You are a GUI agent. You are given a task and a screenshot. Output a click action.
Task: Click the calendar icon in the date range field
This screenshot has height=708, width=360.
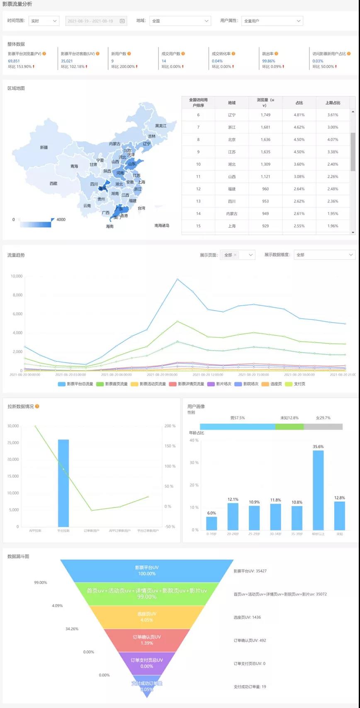tap(122, 21)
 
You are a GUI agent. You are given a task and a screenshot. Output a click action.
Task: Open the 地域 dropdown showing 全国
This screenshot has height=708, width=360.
tap(180, 21)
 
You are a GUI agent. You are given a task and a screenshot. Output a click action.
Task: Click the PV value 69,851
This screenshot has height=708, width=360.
tap(14, 61)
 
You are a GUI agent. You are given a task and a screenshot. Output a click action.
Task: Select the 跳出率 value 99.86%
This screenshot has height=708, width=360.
tap(269, 61)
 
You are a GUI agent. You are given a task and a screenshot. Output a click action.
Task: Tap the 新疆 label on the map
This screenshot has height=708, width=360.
tap(44, 147)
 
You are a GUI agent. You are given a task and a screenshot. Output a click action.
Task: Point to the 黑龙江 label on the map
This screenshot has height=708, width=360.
tap(161, 126)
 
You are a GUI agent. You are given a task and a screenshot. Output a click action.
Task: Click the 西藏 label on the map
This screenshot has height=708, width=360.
tap(54, 183)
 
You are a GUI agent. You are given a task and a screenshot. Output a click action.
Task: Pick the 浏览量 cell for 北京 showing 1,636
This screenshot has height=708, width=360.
tap(265, 140)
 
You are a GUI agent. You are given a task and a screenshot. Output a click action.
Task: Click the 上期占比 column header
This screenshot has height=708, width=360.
tap(333, 103)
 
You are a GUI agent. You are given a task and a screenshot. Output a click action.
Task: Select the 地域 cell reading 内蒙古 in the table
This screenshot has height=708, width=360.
tap(232, 214)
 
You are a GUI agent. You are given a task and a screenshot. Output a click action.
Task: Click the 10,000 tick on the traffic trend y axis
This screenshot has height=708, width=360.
tap(17, 276)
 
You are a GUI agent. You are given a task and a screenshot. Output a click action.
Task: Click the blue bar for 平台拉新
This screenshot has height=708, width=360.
tap(63, 483)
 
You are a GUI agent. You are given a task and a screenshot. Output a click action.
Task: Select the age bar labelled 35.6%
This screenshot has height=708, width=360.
tap(318, 489)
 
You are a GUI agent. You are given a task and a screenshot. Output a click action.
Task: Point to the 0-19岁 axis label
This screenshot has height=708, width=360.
tap(212, 534)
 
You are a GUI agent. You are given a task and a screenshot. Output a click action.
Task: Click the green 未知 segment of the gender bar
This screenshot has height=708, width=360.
tap(289, 427)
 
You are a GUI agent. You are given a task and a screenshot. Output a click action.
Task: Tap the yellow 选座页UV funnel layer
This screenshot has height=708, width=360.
tap(147, 617)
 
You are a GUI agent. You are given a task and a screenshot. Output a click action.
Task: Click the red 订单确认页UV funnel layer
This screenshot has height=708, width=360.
tap(147, 640)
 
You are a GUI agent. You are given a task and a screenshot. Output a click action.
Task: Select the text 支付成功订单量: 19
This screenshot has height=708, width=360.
tap(250, 687)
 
